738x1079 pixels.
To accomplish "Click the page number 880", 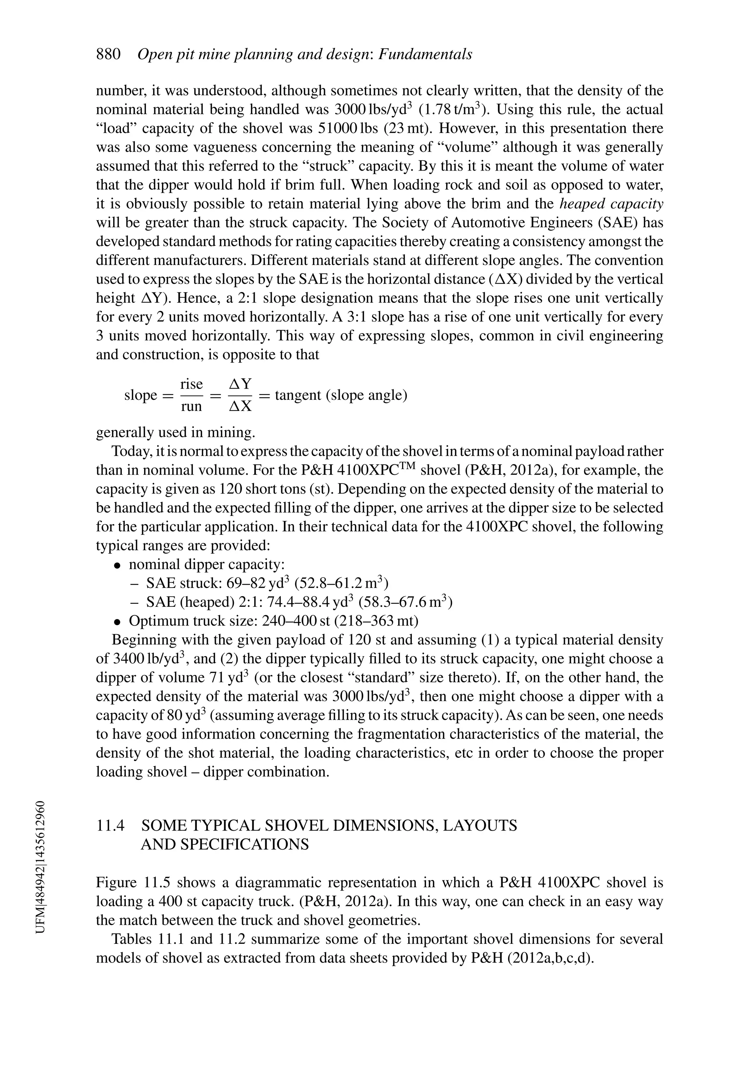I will coord(108,54).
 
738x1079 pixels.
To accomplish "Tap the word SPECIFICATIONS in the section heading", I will coord(224,844).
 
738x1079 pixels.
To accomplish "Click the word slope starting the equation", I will coord(140,395).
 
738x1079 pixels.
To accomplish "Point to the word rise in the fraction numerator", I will coord(192,384).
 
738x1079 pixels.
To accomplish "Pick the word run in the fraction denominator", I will coord(191,406).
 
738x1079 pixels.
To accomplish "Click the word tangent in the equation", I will coord(298,395).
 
